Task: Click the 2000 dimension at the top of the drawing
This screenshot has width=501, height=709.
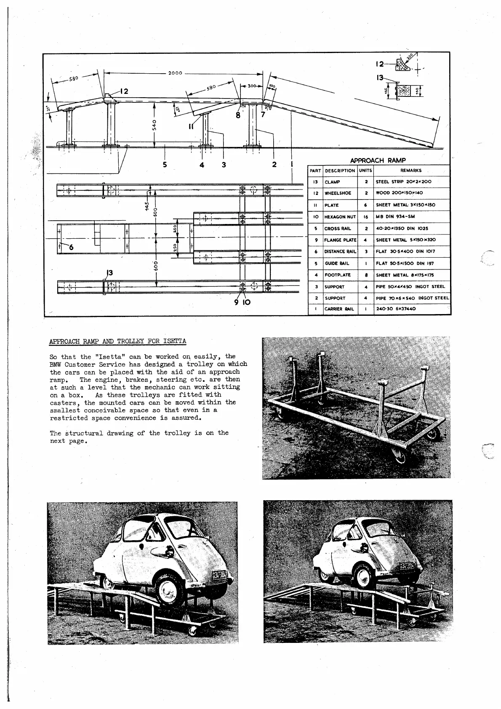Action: click(175, 73)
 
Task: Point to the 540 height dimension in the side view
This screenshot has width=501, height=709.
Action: click(155, 125)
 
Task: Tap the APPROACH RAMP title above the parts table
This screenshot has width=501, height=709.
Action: click(378, 160)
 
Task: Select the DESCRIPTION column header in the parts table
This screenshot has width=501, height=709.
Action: click(340, 171)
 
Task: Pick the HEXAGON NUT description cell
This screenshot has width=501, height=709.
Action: click(340, 217)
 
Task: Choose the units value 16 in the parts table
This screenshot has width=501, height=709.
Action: click(365, 217)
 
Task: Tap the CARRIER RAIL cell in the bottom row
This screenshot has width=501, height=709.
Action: click(338, 309)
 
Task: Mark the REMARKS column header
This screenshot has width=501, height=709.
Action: click(411, 171)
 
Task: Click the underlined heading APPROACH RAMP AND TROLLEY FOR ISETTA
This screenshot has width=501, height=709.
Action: click(117, 341)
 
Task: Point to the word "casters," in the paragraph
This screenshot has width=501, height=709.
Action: click(63, 402)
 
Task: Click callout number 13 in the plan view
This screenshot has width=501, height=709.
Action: click(109, 273)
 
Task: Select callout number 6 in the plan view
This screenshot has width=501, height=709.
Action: click(71, 247)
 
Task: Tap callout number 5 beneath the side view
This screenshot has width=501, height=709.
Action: click(165, 165)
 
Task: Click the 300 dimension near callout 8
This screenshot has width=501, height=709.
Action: click(252, 86)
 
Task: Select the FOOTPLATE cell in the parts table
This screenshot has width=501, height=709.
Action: click(337, 275)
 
